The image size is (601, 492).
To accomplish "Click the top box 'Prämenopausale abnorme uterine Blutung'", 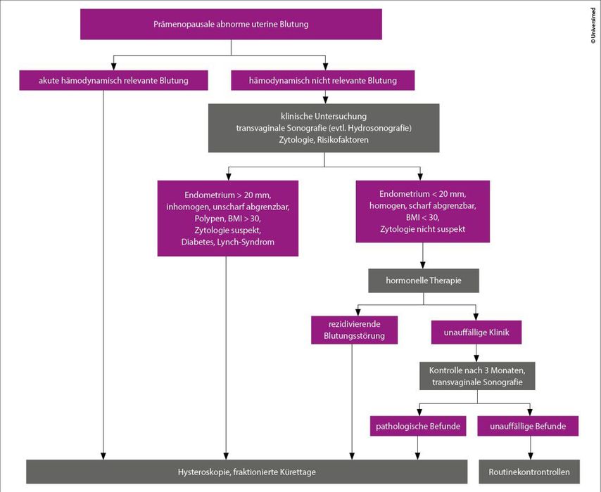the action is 231,24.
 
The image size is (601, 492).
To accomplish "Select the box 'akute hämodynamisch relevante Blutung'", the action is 113,80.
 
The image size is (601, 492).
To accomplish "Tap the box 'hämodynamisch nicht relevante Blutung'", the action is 323,80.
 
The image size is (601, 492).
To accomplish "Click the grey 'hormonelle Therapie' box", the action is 424,280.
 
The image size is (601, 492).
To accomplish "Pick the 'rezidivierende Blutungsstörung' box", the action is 354,330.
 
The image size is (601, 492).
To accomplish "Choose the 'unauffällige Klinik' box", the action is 476,332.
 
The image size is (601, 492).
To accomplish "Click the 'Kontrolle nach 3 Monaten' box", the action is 477,376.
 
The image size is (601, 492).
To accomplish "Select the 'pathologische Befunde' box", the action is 418,426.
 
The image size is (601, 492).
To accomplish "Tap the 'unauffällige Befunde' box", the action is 528,426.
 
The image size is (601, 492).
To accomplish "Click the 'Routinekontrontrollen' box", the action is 529,472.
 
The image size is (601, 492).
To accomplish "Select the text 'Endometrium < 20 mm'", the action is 423,194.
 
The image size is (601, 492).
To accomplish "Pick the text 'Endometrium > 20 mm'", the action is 228,195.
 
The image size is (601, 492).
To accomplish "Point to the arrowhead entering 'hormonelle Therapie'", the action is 423,265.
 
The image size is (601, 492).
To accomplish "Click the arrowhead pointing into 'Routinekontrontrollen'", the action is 531,456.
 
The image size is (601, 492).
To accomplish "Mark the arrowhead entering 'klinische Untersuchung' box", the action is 325,100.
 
